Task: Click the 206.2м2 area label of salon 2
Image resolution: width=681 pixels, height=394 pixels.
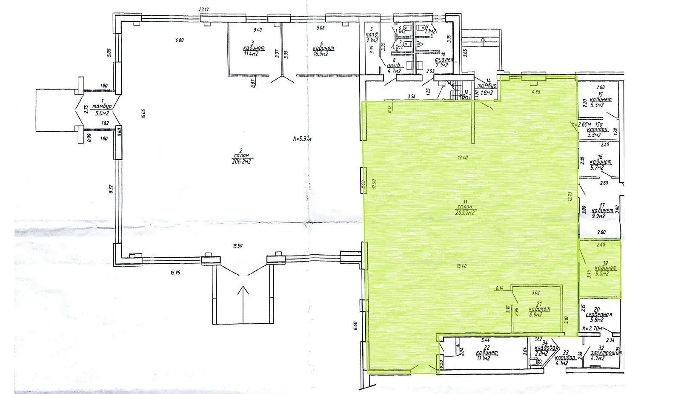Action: click(x=241, y=161)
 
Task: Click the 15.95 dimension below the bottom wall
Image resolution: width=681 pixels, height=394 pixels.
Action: click(x=175, y=272)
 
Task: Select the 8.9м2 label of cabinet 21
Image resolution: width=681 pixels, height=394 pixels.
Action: click(x=535, y=315)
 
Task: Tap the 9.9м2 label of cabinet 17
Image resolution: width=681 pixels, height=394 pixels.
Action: click(x=599, y=216)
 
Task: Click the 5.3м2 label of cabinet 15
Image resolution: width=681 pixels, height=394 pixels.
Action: click(x=601, y=105)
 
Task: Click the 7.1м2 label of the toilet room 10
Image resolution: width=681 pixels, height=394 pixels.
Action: click(x=443, y=66)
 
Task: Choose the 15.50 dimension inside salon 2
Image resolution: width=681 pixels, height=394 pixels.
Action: click(x=237, y=246)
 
